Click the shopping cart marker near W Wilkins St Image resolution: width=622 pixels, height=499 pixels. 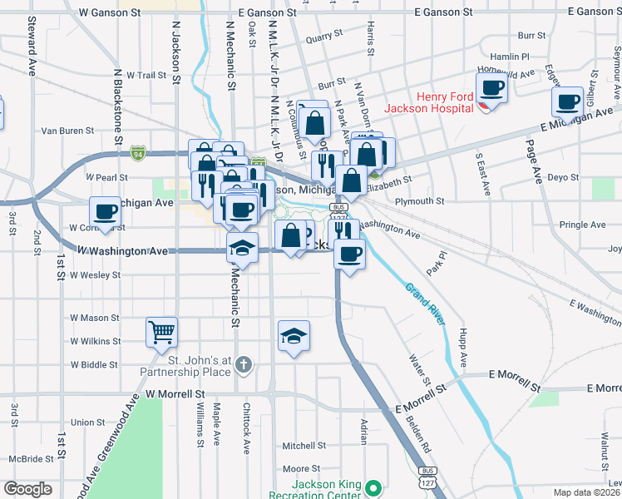tap(161, 332)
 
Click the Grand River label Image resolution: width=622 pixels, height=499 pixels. tap(427, 308)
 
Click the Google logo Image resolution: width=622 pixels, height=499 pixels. tap(27, 489)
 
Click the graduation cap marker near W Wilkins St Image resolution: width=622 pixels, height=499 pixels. tap(294, 335)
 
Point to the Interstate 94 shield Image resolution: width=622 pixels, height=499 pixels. tap(137, 153)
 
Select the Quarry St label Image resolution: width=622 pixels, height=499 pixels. tap(324, 37)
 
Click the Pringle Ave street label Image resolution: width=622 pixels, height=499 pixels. tap(582, 225)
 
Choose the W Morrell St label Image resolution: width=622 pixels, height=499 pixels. tap(175, 393)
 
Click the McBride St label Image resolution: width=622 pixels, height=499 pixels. tap(32, 458)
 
